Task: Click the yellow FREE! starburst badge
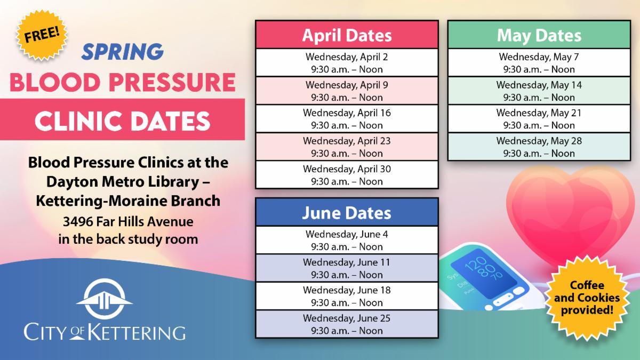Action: tap(42, 35)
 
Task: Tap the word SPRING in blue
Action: tap(123, 52)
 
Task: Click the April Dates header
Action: tap(347, 35)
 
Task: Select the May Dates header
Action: tap(539, 35)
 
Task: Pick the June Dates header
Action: tap(347, 213)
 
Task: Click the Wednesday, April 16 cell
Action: tap(347, 119)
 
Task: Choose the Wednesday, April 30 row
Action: tap(347, 175)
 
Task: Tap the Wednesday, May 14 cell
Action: tap(539, 91)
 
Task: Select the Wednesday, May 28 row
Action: tap(539, 147)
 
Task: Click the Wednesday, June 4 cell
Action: tap(347, 240)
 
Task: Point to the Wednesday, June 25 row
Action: tap(347, 324)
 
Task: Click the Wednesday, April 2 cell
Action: tap(347, 63)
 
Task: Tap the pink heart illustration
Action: tap(570, 214)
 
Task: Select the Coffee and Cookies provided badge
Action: tap(587, 298)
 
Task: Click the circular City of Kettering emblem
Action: tap(105, 299)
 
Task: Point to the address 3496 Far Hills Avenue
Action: tap(128, 222)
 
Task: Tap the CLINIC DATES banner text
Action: tap(122, 121)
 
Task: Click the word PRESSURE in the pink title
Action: tap(172, 82)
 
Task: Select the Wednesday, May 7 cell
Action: tap(539, 63)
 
